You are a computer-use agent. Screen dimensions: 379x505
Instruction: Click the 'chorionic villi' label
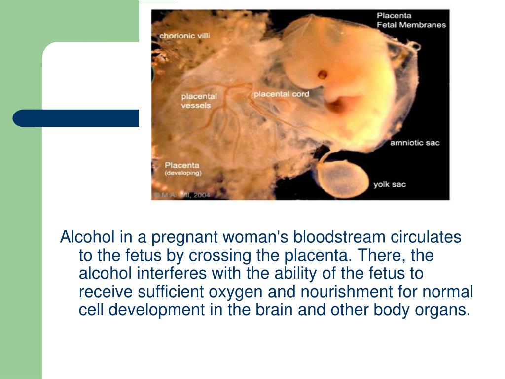tap(184, 36)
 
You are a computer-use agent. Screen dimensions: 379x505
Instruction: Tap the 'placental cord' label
tap(281, 94)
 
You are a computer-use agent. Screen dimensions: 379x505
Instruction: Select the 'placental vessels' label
tap(196, 101)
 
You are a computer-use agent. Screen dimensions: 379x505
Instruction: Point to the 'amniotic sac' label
tap(414, 143)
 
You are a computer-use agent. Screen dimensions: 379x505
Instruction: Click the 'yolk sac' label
tap(389, 185)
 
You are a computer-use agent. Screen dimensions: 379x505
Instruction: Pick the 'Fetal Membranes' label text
tap(411, 25)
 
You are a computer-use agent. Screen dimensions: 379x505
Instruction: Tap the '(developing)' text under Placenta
tap(182, 174)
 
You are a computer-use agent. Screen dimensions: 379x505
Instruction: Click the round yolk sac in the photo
tap(343, 177)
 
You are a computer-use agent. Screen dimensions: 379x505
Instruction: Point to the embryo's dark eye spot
tap(322, 75)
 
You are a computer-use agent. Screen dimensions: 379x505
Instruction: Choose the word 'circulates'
tap(426, 237)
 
